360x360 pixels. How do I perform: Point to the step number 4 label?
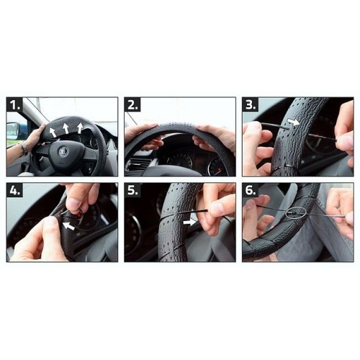pyautogui.click(x=15, y=192)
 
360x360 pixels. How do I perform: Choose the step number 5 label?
pyautogui.click(x=133, y=192)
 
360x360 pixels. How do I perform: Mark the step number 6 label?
pyautogui.click(x=251, y=192)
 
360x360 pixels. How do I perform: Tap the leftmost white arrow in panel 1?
pyautogui.click(x=52, y=132)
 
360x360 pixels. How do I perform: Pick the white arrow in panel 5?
pyautogui.click(x=188, y=222)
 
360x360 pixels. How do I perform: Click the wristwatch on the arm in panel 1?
pyautogui.click(x=24, y=148)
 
